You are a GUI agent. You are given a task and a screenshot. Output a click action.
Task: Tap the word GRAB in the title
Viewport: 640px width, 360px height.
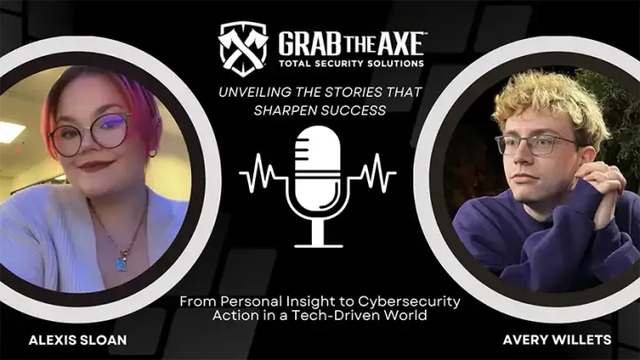point(307,43)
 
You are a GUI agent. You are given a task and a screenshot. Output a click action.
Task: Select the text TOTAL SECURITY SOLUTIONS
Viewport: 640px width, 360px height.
point(351,64)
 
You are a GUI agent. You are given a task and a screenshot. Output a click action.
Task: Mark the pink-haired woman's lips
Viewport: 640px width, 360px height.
point(96,166)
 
